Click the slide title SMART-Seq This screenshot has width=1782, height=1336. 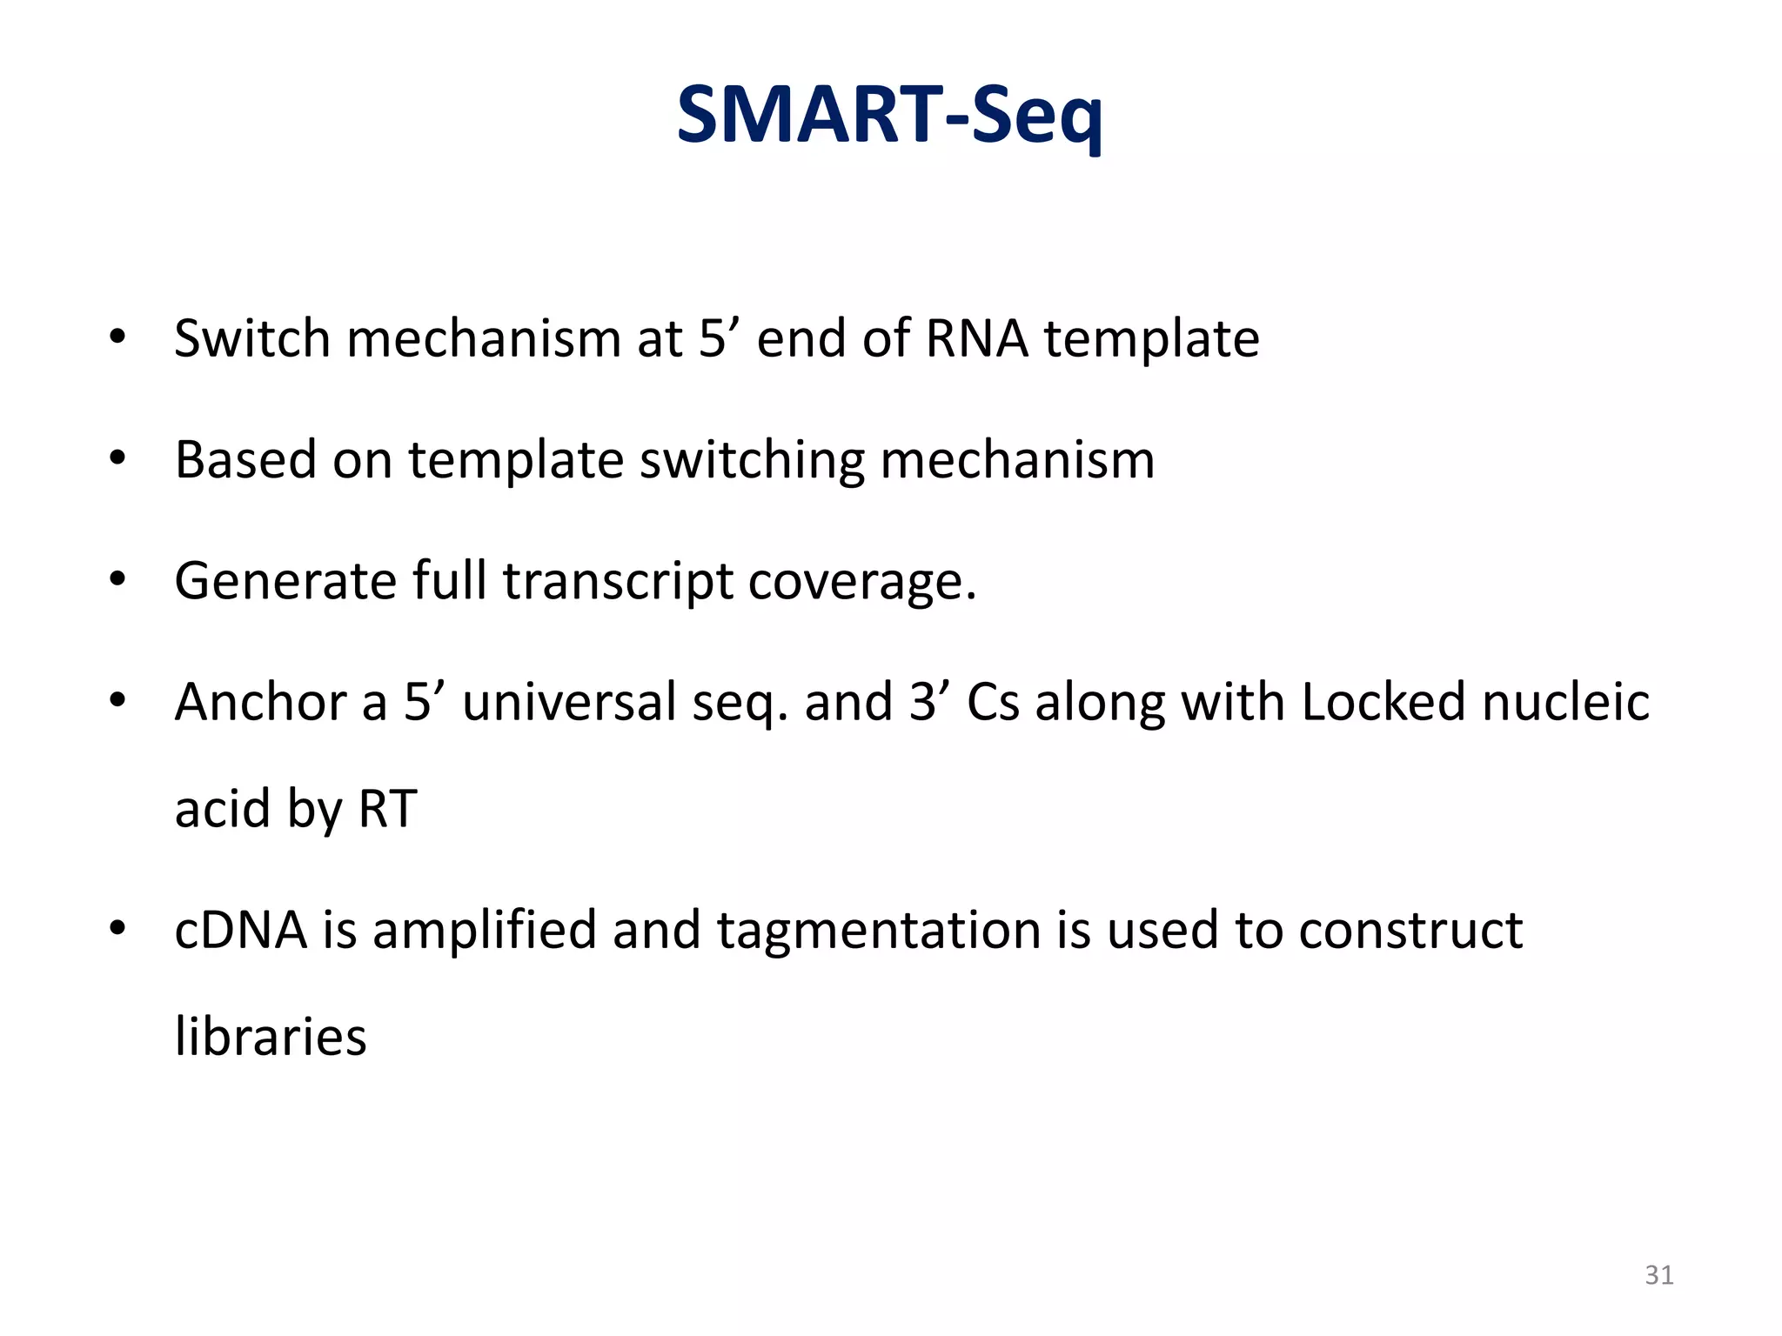(889, 116)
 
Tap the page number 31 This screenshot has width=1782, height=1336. (1659, 1275)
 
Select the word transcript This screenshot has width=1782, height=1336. (618, 581)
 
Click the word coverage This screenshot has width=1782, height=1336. (862, 581)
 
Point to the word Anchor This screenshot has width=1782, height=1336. (260, 702)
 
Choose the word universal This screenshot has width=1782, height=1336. (569, 702)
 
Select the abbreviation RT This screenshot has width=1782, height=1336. (387, 809)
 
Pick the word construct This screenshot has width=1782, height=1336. (1410, 930)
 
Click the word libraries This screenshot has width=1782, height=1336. (271, 1037)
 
